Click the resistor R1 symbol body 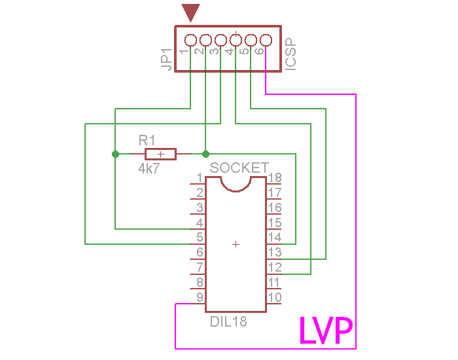tap(160, 154)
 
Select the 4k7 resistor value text tap(149, 168)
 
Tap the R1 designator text tap(147, 140)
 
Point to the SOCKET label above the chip tap(239, 168)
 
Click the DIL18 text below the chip tap(228, 322)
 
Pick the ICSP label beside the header tap(291, 56)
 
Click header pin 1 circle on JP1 tap(190, 40)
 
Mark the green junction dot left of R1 tap(116, 154)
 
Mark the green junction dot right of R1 tap(205, 154)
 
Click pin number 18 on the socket tap(275, 178)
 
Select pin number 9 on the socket tap(200, 298)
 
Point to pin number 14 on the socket tap(275, 238)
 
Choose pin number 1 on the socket tap(200, 178)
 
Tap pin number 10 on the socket tap(275, 298)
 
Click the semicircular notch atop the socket tap(236, 184)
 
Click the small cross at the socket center tap(236, 244)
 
